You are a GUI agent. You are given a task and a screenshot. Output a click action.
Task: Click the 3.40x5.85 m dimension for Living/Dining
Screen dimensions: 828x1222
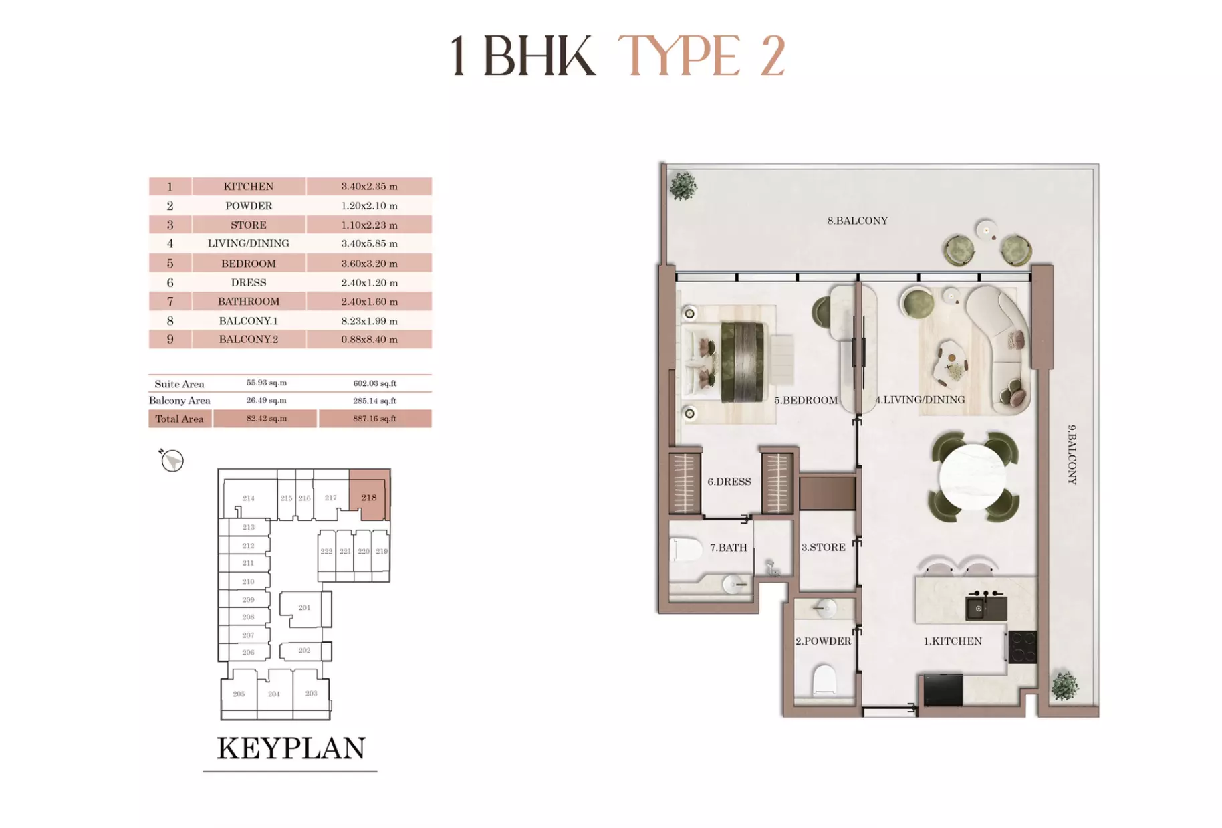[x=369, y=243]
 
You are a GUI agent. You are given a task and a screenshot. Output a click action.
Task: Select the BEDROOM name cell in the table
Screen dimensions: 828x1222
[x=249, y=263]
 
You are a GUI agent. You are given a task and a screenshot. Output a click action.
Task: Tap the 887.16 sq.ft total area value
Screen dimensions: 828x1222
[x=374, y=419]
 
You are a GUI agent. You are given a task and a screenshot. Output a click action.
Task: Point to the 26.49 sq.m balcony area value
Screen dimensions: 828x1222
[x=266, y=401]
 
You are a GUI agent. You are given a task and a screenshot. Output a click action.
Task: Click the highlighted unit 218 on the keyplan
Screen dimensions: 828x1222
[x=369, y=497]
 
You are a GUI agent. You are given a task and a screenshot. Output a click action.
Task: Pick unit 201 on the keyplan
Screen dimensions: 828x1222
[x=304, y=607]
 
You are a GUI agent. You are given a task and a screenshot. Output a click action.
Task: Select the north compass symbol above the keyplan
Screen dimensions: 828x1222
[x=172, y=460]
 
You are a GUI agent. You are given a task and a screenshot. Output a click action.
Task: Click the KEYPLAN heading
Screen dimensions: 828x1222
[x=291, y=748]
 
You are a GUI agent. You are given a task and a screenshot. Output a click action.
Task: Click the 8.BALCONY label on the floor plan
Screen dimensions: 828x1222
[x=857, y=221]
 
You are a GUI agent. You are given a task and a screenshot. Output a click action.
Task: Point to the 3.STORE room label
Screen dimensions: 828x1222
[x=823, y=547]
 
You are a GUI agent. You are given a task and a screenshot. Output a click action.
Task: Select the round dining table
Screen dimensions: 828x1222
[x=973, y=477]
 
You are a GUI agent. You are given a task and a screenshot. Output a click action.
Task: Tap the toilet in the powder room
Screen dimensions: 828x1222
[x=824, y=680]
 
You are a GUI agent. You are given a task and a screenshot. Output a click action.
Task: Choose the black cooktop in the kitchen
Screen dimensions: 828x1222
[x=1022, y=647]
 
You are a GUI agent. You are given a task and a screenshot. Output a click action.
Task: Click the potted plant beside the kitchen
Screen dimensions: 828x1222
[x=1064, y=686]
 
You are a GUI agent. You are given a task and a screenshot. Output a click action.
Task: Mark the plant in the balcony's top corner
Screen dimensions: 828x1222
[x=683, y=186]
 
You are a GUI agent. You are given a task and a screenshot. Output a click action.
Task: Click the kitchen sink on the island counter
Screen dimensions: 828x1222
[x=978, y=608]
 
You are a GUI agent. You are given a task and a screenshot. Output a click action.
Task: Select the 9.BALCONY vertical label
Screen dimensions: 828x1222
[x=1072, y=454]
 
